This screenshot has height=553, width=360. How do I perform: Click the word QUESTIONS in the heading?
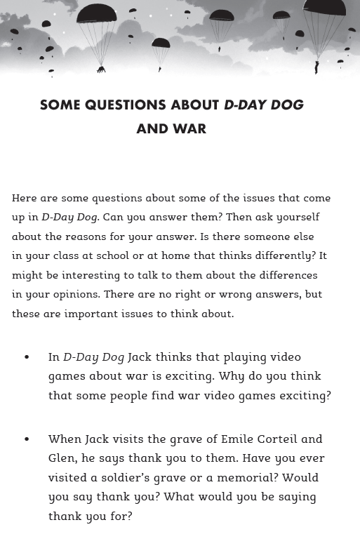125,105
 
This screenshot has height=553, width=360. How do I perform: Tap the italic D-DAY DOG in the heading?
264,105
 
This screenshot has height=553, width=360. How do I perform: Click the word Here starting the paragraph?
25,199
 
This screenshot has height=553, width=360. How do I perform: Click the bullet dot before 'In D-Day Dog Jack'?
27,357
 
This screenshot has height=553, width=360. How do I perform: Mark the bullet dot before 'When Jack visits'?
27,439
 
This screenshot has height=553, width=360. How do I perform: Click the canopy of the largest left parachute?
97,13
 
